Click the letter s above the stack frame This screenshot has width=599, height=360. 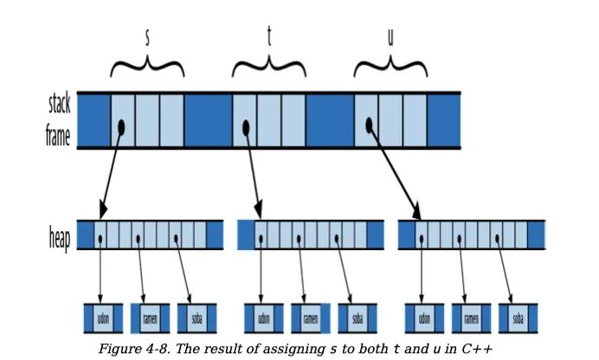(x=147, y=37)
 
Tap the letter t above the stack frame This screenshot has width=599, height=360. (x=268, y=37)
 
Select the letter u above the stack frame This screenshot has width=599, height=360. (x=390, y=39)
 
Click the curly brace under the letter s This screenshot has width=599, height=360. (x=147, y=66)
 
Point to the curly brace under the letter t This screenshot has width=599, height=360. (x=269, y=66)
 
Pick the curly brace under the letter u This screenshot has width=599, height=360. (x=391, y=66)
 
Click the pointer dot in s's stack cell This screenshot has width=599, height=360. (x=121, y=126)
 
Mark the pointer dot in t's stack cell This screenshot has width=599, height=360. (x=246, y=127)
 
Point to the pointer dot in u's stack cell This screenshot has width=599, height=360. (x=369, y=125)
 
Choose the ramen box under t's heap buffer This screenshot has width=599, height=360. (x=311, y=318)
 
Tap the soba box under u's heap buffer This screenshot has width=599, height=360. (x=518, y=318)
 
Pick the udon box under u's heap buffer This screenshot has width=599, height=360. (x=424, y=318)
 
